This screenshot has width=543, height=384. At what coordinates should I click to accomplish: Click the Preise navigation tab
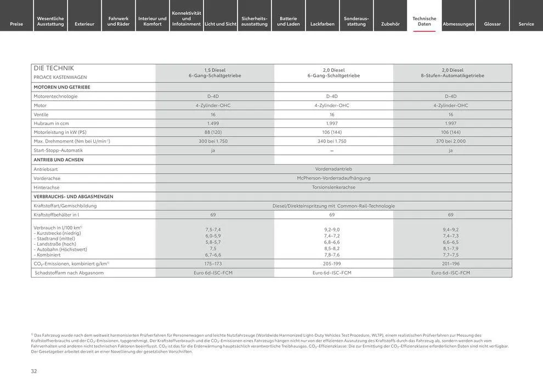(16, 24)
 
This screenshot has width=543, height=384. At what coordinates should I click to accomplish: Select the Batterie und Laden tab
(289, 21)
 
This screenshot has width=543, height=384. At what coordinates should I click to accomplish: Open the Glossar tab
(492, 24)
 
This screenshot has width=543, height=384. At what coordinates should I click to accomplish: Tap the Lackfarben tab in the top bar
(323, 24)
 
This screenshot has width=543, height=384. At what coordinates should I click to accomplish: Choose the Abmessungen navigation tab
(458, 24)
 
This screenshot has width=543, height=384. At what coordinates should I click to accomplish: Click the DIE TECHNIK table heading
(54, 68)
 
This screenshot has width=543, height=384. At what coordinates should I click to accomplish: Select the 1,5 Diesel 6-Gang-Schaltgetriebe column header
(215, 72)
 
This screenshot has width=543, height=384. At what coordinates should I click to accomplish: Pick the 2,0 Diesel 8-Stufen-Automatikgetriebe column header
(452, 72)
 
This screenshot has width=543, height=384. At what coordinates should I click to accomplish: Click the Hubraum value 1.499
(213, 123)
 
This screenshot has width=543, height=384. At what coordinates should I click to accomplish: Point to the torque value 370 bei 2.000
(451, 141)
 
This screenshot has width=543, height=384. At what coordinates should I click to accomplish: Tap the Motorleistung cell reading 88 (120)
(213, 132)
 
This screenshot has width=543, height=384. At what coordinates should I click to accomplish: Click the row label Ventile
(41, 115)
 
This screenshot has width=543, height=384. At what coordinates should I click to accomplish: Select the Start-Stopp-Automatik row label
(58, 150)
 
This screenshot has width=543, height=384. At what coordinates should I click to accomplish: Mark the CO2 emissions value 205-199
(332, 264)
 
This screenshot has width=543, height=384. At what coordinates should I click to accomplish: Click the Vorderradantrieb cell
(333, 169)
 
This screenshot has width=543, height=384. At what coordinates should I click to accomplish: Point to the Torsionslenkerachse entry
(333, 187)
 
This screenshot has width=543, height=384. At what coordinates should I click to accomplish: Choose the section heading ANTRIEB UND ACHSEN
(59, 160)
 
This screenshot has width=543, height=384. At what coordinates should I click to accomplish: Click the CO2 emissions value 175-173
(213, 264)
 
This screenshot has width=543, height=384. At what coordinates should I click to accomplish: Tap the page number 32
(34, 371)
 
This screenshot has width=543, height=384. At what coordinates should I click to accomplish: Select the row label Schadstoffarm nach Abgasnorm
(69, 273)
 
